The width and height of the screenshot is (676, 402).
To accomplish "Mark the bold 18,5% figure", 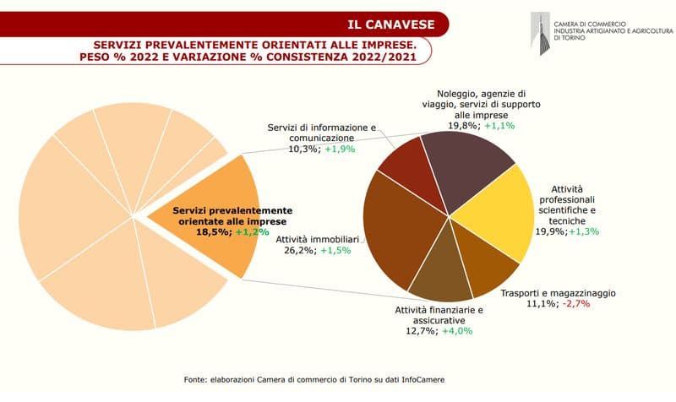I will pyautogui.click(x=214, y=231).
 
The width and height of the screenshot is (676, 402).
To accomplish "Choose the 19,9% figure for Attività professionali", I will pyautogui.click(x=549, y=231).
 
